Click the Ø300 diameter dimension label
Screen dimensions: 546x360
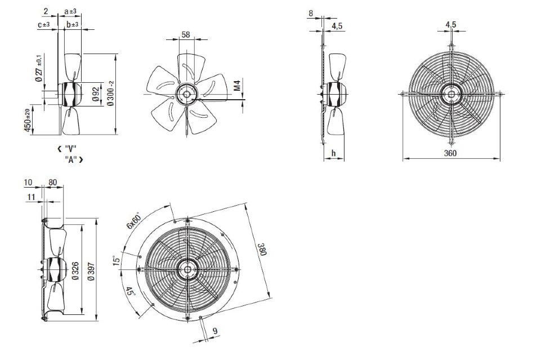[x=110, y=94]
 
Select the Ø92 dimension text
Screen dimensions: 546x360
[x=96, y=94]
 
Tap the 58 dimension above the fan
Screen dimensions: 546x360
[x=186, y=34]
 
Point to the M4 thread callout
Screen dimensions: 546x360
[x=237, y=86]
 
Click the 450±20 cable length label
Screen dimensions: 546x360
[x=28, y=121]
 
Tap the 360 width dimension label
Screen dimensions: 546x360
[x=450, y=153]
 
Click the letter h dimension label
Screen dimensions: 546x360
[x=334, y=153]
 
